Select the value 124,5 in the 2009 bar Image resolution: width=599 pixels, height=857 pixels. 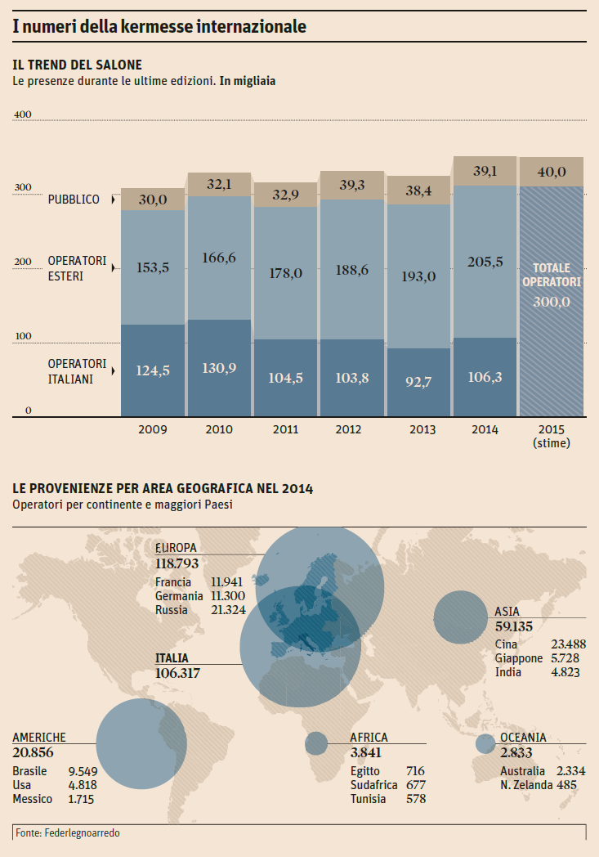[153, 370]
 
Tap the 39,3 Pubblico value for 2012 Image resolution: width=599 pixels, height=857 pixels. [352, 186]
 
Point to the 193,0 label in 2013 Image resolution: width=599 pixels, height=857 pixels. [418, 276]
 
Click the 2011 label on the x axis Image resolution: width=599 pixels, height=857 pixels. [285, 429]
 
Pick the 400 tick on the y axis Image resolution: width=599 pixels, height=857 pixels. [23, 114]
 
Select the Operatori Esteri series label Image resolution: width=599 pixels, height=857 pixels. [77, 267]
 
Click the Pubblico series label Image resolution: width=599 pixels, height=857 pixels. [74, 200]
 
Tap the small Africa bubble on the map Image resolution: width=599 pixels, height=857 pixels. [316, 743]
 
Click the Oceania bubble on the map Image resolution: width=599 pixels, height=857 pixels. [485, 744]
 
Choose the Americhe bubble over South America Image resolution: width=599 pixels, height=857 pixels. [141, 743]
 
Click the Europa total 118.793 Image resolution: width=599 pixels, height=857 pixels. [177, 563]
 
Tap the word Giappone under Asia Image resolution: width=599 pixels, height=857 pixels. [518, 658]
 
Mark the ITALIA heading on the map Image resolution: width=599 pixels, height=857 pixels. [172, 658]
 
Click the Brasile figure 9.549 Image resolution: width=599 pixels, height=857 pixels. [84, 771]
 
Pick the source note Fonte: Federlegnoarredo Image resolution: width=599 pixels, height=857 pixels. [61, 832]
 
